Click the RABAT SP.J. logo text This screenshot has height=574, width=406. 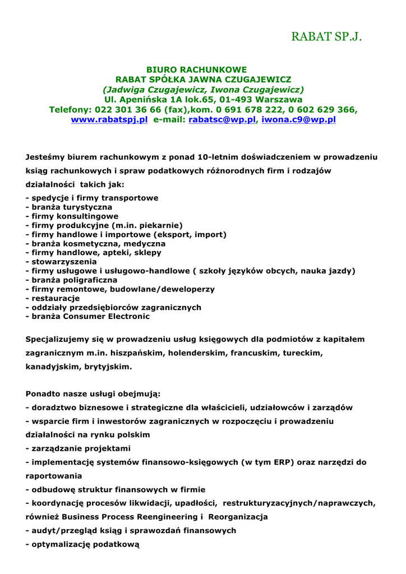pyautogui.click(x=326, y=37)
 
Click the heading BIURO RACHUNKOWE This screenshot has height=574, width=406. pyautogui.click(x=196, y=70)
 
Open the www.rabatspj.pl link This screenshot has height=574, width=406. pyautogui.click(x=109, y=119)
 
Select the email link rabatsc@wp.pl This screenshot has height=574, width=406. pyautogui.click(x=222, y=119)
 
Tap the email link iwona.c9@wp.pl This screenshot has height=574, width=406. pyautogui.click(x=298, y=119)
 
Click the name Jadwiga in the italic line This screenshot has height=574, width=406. pyautogui.click(x=127, y=90)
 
